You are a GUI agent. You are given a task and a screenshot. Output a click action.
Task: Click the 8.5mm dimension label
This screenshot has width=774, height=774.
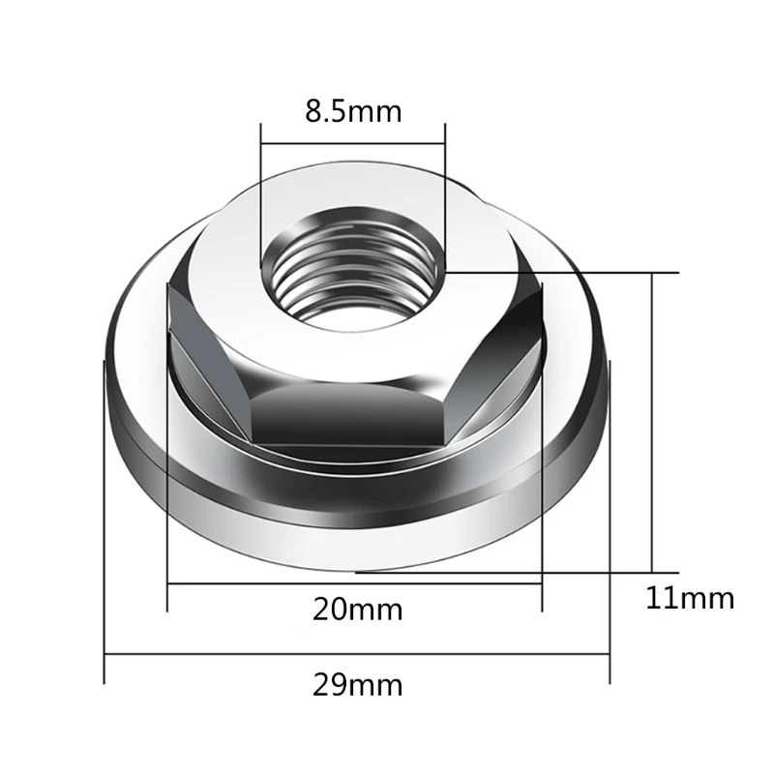pyautogui.click(x=353, y=112)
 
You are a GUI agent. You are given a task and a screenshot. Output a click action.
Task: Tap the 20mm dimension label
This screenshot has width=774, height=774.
pyautogui.click(x=358, y=610)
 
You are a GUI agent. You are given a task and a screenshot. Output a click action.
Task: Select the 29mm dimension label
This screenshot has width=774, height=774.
pyautogui.click(x=358, y=685)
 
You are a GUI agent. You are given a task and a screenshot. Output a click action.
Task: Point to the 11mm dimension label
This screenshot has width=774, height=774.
pyautogui.click(x=690, y=598)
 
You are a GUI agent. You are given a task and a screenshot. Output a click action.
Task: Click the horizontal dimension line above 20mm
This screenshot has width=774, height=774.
pyautogui.click(x=355, y=584)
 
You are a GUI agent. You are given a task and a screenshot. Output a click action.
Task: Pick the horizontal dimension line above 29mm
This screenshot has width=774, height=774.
pyautogui.click(x=357, y=655)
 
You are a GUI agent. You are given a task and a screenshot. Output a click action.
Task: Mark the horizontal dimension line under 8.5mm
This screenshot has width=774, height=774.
pyautogui.click(x=353, y=143)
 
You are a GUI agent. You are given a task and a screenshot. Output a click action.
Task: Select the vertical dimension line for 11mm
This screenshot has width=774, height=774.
pyautogui.click(x=652, y=423)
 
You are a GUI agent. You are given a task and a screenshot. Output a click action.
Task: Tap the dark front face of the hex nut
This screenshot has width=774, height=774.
pyautogui.click(x=348, y=414)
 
